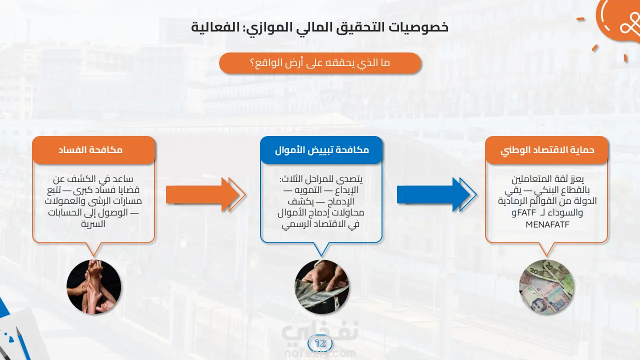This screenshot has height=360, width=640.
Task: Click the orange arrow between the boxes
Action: pos(205,194)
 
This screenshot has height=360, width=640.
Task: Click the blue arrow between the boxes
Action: pos(436,194)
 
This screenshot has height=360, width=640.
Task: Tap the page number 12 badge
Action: pos(320,343)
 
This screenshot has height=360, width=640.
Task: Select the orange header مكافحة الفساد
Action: pos(93,149)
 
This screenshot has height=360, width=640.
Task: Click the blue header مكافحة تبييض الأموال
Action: pos(321,149)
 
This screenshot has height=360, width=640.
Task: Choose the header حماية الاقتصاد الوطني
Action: pos(546,149)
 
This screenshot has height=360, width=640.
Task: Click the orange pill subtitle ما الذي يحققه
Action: pos(320,63)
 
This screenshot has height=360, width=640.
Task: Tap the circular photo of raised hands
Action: pos(93,286)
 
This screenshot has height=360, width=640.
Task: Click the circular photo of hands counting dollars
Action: pos(321,286)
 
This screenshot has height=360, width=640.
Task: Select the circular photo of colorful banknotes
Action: pos(546,286)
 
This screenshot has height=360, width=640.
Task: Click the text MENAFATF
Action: pos(547,224)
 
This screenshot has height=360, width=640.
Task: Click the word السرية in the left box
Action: pos(93,224)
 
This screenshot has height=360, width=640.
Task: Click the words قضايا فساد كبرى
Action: pos(106,190)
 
